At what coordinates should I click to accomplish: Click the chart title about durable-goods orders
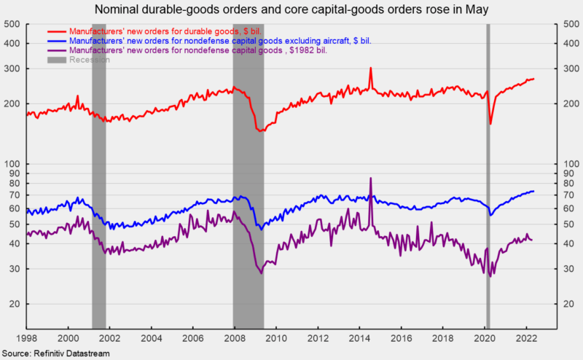coord(291,10)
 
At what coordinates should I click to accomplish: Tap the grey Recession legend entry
coord(87,60)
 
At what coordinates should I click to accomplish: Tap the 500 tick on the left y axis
coord(12,25)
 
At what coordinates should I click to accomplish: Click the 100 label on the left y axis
coord(12,164)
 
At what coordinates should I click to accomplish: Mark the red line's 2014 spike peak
coord(371,69)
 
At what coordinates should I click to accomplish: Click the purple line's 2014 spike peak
coord(371,179)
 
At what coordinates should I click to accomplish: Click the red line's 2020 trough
coord(490,123)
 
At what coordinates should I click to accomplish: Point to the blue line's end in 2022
coord(533,191)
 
